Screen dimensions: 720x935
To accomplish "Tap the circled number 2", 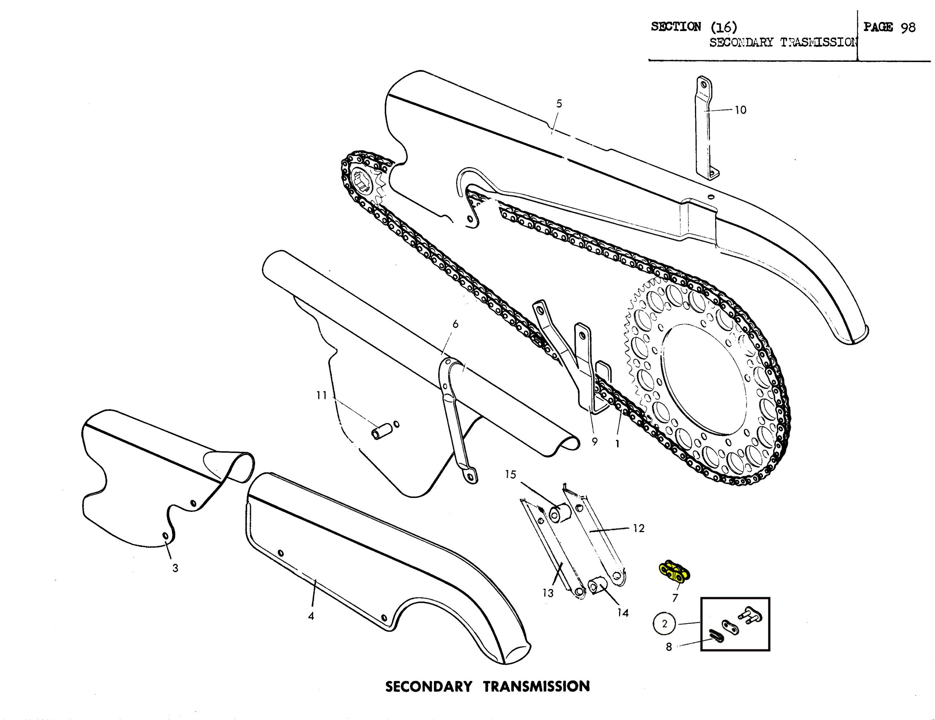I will point(664,623).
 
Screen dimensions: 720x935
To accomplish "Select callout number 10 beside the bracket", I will point(740,110).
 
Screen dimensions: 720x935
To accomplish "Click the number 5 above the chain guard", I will point(559,104).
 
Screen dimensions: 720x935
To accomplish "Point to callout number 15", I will point(510,474).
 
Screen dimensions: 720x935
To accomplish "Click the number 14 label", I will point(623,613).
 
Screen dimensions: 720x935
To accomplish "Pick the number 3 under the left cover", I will point(175,568).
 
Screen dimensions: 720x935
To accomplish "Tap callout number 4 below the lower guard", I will point(311,616).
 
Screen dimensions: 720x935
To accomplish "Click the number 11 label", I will point(321,395).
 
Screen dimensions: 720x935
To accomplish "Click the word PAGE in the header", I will point(878,27).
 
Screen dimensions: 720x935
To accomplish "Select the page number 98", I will point(908,27).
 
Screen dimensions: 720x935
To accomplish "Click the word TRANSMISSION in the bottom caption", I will point(537,686).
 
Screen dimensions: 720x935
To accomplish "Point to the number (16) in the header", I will point(724,27).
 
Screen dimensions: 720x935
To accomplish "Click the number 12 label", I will point(638,528).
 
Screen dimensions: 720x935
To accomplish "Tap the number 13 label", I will point(548,593).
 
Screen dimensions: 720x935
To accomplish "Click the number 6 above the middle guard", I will point(455,324).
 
